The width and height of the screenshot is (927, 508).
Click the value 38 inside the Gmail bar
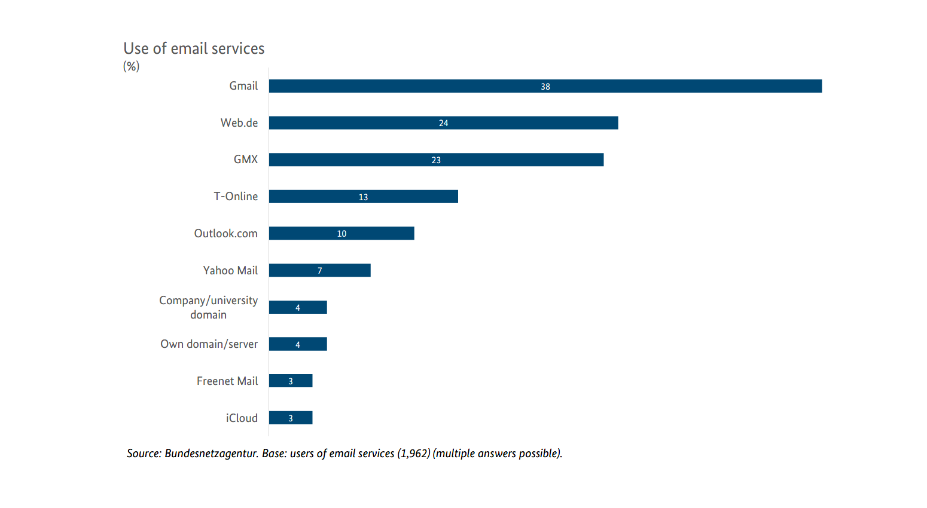point(545,87)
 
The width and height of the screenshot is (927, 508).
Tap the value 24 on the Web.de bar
point(443,123)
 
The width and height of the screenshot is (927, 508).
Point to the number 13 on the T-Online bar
point(363,197)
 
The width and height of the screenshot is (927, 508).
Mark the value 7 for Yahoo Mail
point(320,271)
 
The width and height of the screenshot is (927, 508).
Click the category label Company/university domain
point(208,307)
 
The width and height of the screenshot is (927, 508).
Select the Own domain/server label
point(209,344)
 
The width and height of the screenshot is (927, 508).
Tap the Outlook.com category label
point(225,234)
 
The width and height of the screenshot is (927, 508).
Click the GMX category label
point(246,160)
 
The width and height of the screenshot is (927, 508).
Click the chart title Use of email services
point(194,48)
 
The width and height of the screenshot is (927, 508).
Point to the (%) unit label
point(131,66)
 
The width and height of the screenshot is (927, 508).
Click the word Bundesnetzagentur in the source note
point(211,454)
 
